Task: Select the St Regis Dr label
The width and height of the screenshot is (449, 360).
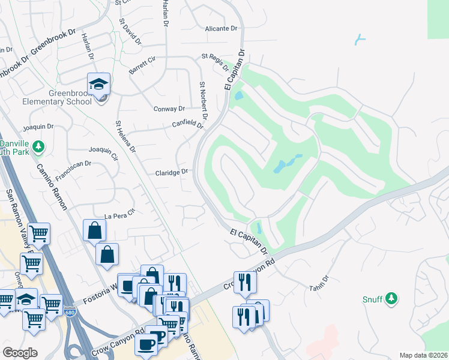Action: click(214, 57)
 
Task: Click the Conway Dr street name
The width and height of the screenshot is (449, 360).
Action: click(169, 109)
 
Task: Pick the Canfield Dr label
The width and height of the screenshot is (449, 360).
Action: click(188, 125)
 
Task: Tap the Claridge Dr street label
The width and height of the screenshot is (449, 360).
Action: click(173, 172)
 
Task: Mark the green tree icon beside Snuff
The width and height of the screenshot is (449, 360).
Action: click(391, 298)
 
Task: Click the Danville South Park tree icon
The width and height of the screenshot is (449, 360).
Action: click(39, 146)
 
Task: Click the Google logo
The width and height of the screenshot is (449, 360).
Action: click(20, 352)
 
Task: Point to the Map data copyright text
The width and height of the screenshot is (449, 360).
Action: click(423, 355)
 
